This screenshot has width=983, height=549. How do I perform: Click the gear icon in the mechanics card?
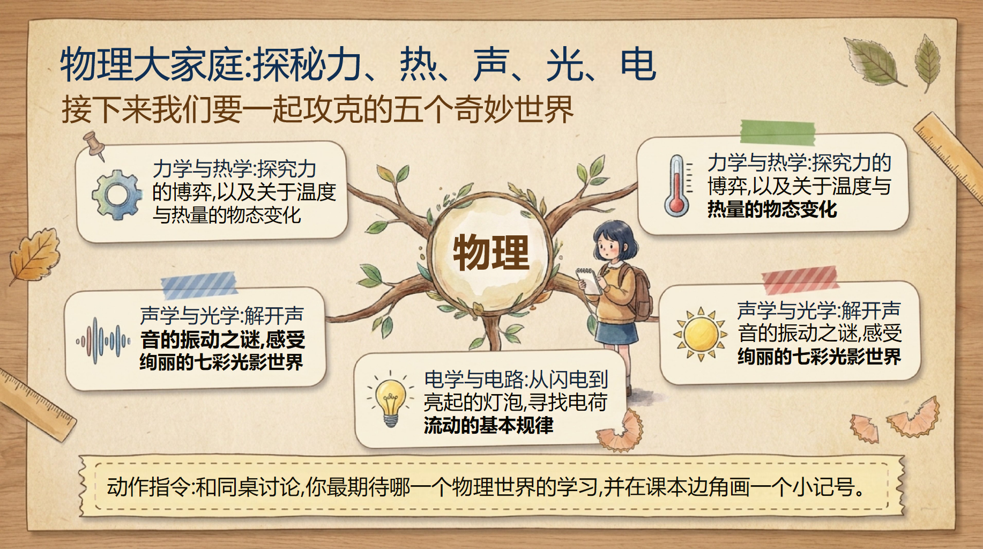click(x=116, y=195)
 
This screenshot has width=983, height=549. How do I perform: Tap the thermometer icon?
click(x=677, y=186)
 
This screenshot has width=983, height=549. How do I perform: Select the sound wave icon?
click(x=102, y=340)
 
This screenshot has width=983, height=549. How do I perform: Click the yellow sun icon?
click(x=700, y=334)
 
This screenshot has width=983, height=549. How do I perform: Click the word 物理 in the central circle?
click(x=491, y=252)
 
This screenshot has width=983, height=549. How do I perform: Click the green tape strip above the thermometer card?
click(x=778, y=132)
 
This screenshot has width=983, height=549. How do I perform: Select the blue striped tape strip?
click(x=199, y=285)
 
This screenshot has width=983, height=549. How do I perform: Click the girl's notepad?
click(x=590, y=281)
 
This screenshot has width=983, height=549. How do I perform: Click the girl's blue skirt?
click(x=617, y=333)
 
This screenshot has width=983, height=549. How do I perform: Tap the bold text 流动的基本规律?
click(x=488, y=425)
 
